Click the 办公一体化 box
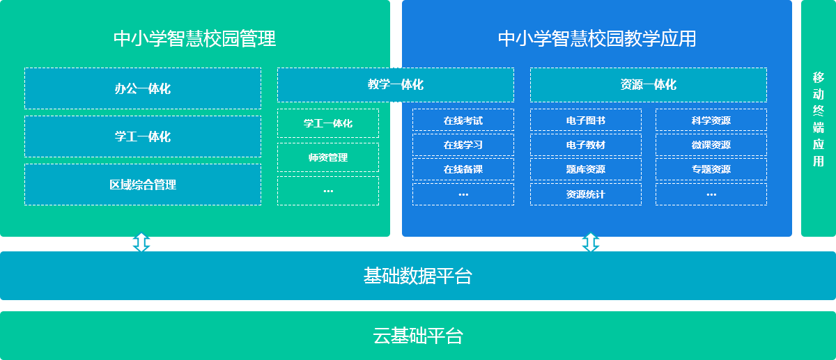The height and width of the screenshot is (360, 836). click(x=143, y=88)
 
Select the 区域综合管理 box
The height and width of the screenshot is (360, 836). click(x=143, y=185)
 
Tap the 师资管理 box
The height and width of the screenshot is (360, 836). click(x=328, y=157)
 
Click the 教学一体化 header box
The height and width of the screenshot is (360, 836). click(x=396, y=85)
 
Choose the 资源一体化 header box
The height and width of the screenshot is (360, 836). click(x=649, y=85)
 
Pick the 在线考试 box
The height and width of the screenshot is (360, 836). click(x=463, y=120)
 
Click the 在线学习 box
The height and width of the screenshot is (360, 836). click(x=463, y=145)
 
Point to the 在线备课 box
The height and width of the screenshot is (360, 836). click(x=463, y=169)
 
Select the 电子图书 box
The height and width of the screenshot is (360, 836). click(x=586, y=120)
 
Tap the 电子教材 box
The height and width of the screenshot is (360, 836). click(x=586, y=145)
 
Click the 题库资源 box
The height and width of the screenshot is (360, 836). click(x=586, y=169)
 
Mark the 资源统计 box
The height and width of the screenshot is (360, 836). click(x=586, y=194)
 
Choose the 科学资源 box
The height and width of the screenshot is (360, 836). click(x=711, y=120)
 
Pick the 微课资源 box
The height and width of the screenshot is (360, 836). click(x=711, y=145)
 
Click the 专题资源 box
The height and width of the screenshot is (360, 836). click(x=711, y=169)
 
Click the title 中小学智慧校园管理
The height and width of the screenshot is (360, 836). click(x=195, y=38)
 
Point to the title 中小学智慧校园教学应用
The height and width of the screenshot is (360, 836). click(x=597, y=38)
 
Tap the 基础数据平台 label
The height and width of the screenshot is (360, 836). click(x=418, y=276)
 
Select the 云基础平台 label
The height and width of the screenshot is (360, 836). click(x=418, y=336)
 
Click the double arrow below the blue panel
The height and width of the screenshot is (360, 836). click(x=591, y=242)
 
